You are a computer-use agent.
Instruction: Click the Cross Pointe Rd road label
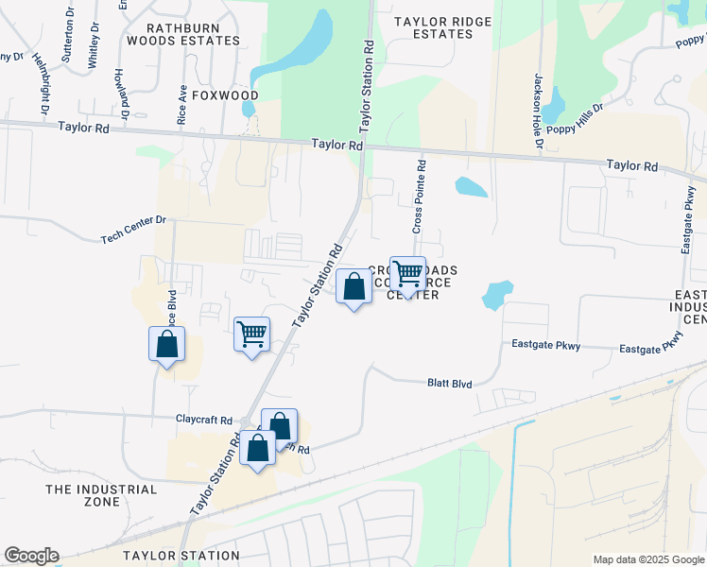click(x=419, y=197)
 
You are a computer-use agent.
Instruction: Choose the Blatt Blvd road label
click(x=449, y=383)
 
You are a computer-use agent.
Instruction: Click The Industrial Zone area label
click(x=102, y=495)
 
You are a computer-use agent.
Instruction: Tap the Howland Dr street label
click(x=121, y=87)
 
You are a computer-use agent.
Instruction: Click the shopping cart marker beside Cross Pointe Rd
click(x=407, y=274)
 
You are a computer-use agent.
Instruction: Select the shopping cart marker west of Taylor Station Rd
click(x=252, y=335)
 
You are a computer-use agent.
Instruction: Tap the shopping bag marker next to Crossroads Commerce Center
click(x=353, y=286)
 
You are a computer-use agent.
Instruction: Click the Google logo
click(x=31, y=556)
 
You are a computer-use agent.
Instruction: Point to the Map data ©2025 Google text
click(x=648, y=559)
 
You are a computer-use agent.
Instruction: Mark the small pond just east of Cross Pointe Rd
click(x=472, y=187)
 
